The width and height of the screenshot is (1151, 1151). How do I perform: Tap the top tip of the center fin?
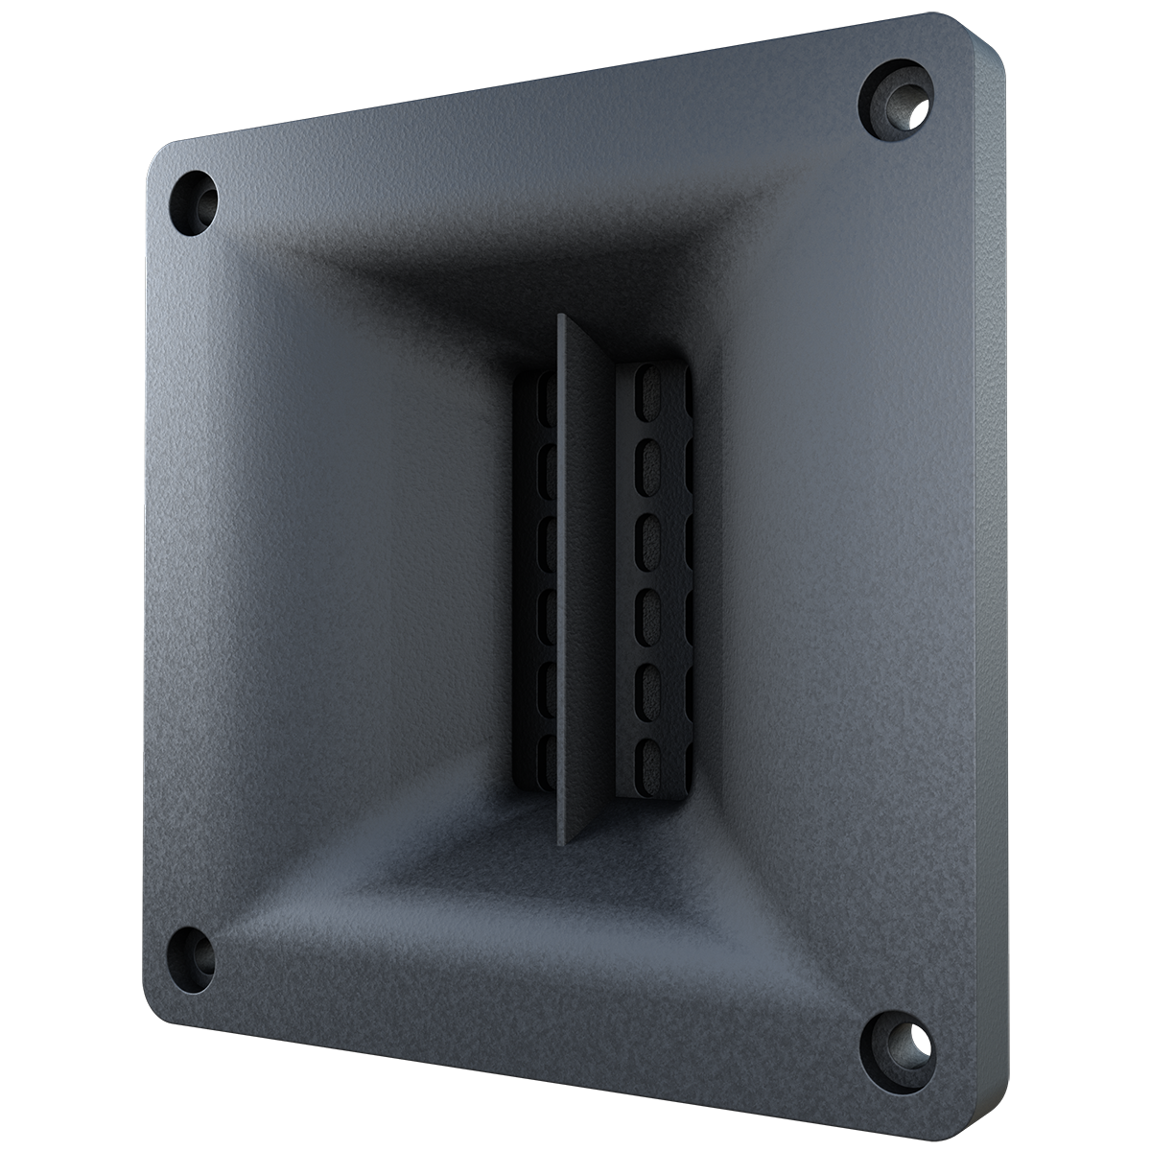(560, 317)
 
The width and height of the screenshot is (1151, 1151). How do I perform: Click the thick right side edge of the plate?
(993, 575)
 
